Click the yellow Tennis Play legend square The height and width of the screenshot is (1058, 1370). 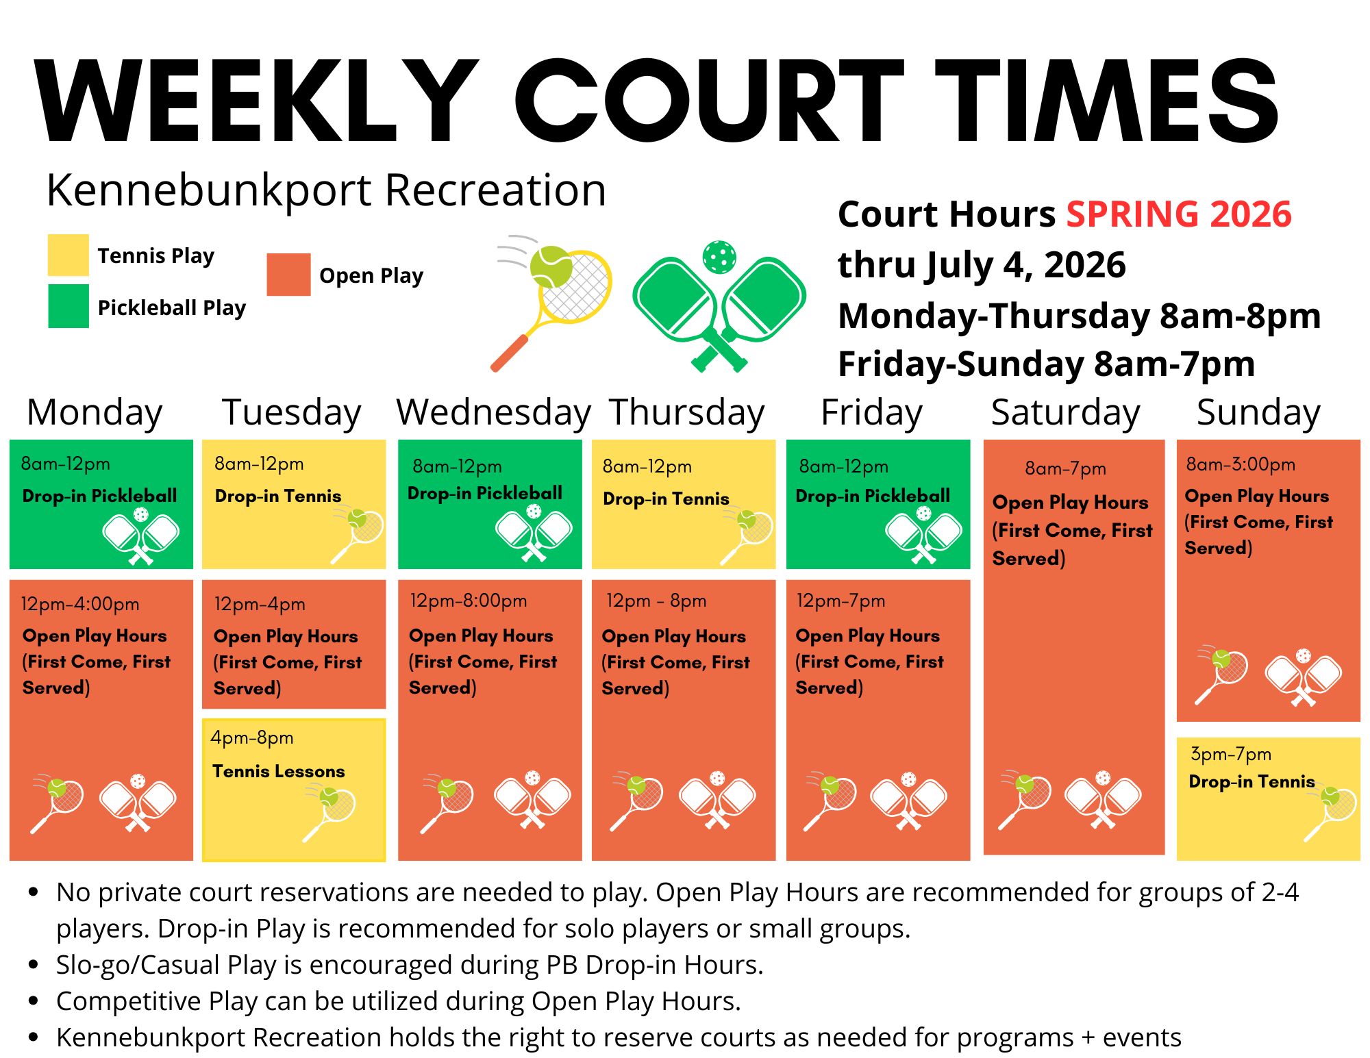(68, 255)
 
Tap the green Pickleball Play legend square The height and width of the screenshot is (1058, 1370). (68, 306)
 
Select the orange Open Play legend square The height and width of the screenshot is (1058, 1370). (288, 275)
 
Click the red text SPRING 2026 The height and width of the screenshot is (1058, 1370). (1179, 214)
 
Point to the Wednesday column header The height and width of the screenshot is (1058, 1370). (493, 413)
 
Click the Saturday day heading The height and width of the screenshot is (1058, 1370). (1065, 413)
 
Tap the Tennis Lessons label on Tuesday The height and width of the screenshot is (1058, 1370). (278, 771)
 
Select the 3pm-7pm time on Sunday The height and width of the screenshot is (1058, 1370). (1231, 754)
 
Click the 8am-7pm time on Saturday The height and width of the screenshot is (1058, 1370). (1065, 468)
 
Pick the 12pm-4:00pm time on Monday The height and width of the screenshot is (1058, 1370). (80, 604)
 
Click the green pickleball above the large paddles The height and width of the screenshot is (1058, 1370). (719, 257)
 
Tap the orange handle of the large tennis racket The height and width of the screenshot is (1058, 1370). (509, 353)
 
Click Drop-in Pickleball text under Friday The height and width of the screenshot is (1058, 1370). (873, 495)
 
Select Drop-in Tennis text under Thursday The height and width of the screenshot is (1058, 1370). (666, 499)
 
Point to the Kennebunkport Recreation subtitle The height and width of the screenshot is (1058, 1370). (326, 190)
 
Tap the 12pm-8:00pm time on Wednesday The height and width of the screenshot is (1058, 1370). (469, 601)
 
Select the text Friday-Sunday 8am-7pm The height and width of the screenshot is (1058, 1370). (1046, 364)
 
